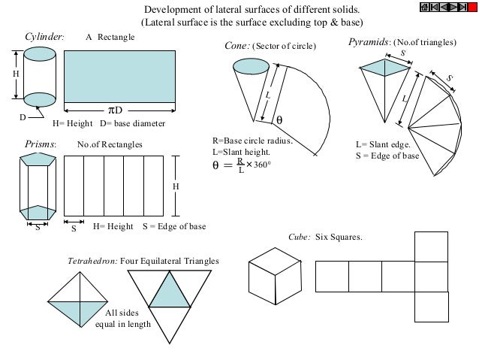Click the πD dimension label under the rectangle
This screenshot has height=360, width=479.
click(x=113, y=111)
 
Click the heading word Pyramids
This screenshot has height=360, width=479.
click(x=368, y=43)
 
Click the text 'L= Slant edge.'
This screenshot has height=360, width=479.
click(x=382, y=144)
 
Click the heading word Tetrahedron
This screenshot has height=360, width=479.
click(x=92, y=260)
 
